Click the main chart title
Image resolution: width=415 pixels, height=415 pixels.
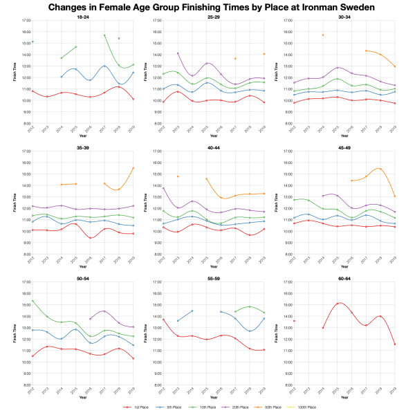(207, 8)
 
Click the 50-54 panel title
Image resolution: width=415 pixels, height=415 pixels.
(82, 279)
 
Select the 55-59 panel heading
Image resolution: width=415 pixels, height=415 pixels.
(213, 279)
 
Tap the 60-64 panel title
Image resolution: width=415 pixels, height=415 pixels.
(344, 279)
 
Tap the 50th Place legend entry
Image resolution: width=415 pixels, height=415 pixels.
(266, 408)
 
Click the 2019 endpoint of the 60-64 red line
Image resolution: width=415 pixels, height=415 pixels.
(395, 344)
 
